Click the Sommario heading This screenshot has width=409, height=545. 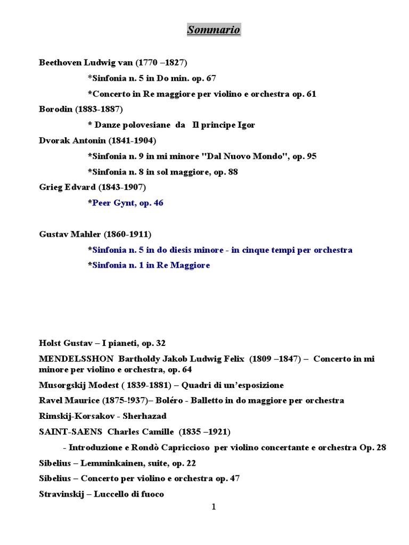214,30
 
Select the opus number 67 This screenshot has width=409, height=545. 211,78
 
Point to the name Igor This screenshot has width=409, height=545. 244,125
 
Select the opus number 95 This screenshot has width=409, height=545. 312,156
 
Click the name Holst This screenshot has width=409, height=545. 50,343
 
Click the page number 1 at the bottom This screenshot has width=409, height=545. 214,507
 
